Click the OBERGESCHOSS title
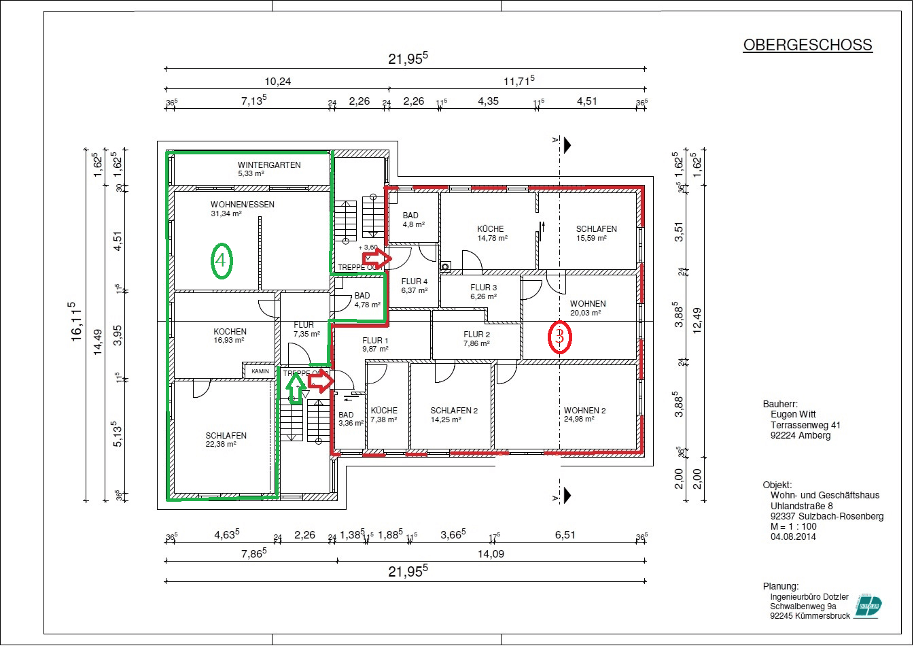[x=807, y=45]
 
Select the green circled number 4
[x=221, y=260]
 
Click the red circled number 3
[x=559, y=336]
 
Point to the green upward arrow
[x=295, y=388]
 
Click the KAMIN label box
[x=260, y=371]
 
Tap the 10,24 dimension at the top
[x=277, y=82]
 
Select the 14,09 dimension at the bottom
[x=491, y=553]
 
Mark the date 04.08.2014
[x=793, y=536]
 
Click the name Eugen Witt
[x=793, y=414]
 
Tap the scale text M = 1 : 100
[x=793, y=526]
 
